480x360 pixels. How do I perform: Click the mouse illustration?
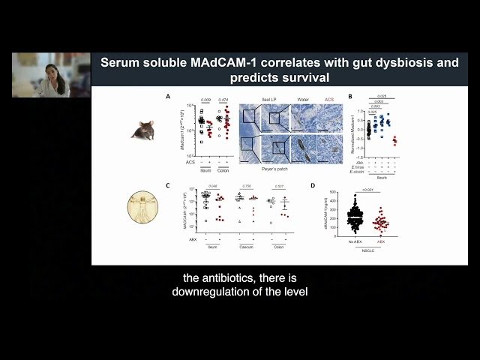pyautogui.click(x=142, y=129)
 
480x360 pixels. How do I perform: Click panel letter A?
pyautogui.click(x=168, y=96)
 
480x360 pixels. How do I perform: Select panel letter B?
pyautogui.click(x=349, y=96)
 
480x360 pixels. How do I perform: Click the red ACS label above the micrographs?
pyautogui.click(x=329, y=98)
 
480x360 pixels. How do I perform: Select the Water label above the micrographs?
pyautogui.click(x=303, y=98)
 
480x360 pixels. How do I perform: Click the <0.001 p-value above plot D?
pyautogui.click(x=366, y=190)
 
